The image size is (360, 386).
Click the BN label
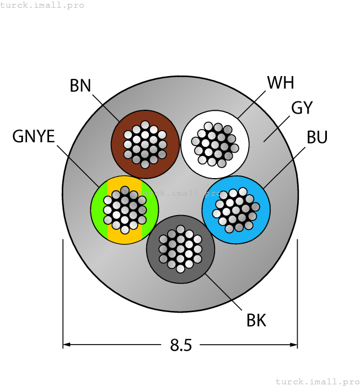click(x=80, y=85)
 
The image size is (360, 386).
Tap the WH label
click(x=280, y=83)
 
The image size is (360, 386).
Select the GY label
click(x=302, y=108)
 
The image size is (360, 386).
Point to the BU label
click(x=317, y=137)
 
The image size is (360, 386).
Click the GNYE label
click(x=34, y=136)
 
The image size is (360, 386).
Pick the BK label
click(x=256, y=320)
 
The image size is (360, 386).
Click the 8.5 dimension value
click(x=181, y=346)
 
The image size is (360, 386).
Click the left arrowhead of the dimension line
click(x=67, y=345)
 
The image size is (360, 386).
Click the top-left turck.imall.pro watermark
click(x=42, y=5)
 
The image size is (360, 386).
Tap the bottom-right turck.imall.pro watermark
click(x=316, y=381)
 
